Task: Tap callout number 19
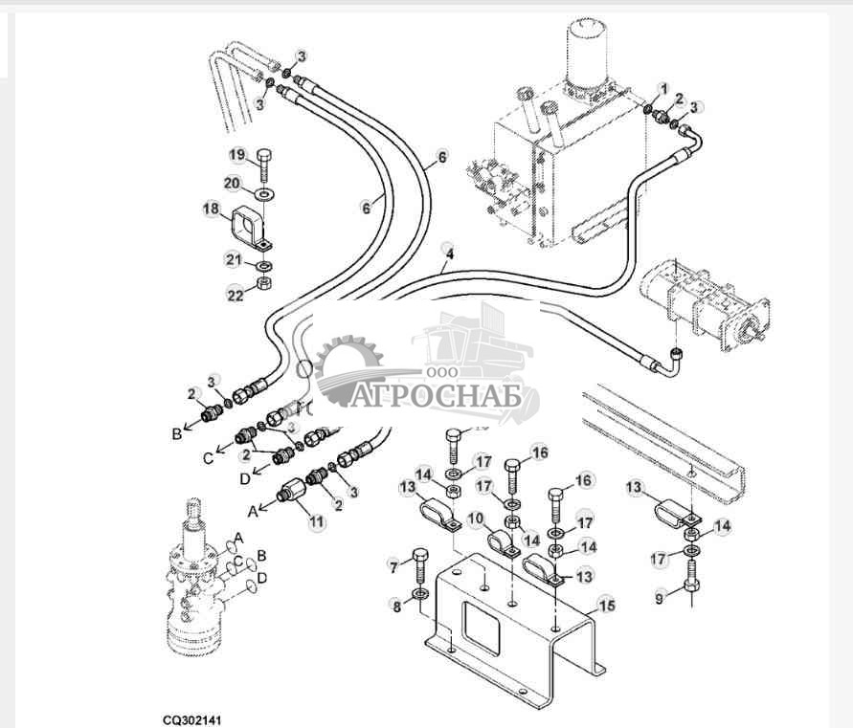click(x=236, y=155)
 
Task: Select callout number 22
click(x=236, y=296)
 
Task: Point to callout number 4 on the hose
click(x=448, y=254)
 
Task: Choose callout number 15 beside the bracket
click(x=605, y=605)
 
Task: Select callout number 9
click(x=659, y=600)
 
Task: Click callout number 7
click(x=392, y=567)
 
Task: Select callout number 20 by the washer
click(x=233, y=183)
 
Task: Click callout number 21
click(x=233, y=259)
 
